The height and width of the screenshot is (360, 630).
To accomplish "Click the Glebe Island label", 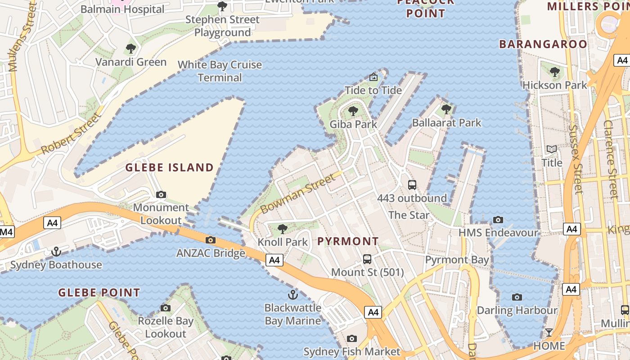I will (x=170, y=168).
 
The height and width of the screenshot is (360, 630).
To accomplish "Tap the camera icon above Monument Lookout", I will (x=161, y=194).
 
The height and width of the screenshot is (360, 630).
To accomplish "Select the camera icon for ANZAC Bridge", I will (x=210, y=240).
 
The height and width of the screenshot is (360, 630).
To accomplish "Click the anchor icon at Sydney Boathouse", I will (x=56, y=251).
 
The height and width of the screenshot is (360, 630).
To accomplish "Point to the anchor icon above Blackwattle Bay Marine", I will (x=293, y=295).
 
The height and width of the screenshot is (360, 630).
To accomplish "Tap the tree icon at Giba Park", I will (x=353, y=111).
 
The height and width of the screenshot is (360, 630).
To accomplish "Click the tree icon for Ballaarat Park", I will (x=446, y=109).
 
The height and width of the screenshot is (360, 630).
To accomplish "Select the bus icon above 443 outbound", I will (x=412, y=184).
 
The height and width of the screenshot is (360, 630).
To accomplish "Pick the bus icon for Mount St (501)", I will (x=367, y=259).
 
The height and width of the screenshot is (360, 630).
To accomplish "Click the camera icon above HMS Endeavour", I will (x=498, y=220).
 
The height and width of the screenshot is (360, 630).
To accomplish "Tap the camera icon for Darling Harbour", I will (x=517, y=297).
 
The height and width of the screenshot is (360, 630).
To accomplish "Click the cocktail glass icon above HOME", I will (x=549, y=333).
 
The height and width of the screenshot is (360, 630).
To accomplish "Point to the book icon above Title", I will (x=552, y=149).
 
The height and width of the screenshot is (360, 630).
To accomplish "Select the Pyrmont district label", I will (x=348, y=241).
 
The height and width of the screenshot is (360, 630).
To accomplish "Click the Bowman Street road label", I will (x=298, y=194).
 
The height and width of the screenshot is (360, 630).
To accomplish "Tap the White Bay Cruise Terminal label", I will (x=220, y=71).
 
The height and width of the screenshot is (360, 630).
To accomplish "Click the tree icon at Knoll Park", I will (x=283, y=229).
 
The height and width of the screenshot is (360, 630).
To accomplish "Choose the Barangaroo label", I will (x=543, y=44).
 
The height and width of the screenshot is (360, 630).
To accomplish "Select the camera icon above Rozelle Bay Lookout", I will (x=166, y=308).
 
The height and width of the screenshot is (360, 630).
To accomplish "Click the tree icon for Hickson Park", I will (x=555, y=72).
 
